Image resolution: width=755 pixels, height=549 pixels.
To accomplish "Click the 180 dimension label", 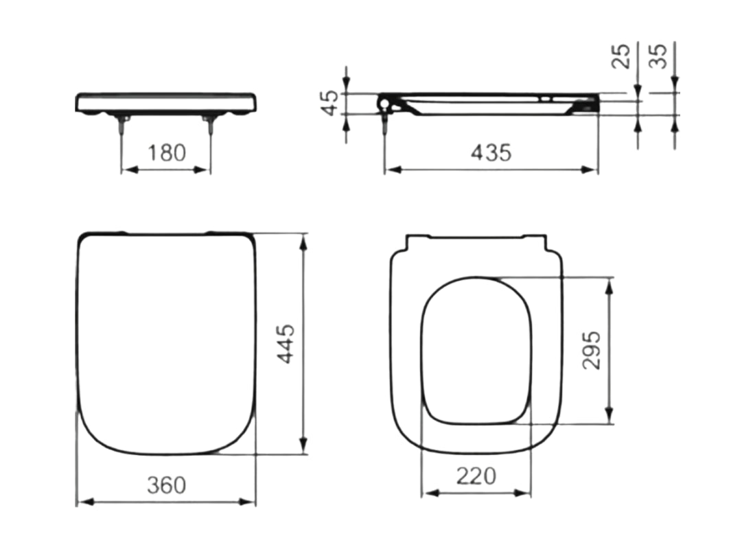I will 167,152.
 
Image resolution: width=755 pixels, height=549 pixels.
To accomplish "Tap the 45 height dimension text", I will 331,103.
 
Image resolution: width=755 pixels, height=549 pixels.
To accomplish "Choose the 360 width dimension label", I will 166,485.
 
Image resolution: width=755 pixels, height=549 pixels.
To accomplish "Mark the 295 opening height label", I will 591,350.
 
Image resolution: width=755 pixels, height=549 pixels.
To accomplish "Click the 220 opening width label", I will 476,476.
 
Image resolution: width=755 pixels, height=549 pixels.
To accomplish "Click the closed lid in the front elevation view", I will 167,103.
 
